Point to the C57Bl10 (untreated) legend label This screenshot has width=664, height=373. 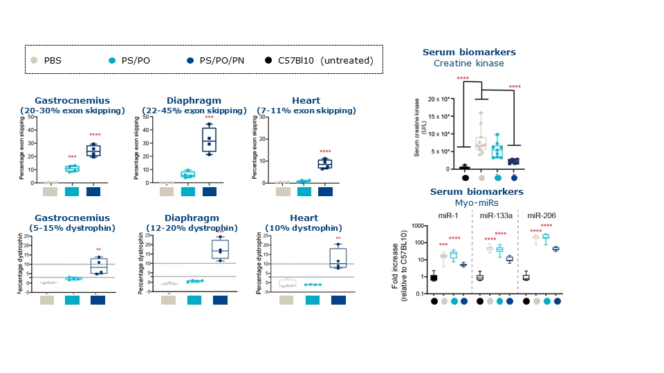tap(325, 60)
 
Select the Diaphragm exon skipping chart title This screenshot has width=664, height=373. tap(194, 100)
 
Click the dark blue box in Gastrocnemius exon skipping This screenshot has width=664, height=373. tap(93, 150)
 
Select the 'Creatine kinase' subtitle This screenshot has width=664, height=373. tap(469, 64)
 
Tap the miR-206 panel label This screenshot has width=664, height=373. tap(540, 216)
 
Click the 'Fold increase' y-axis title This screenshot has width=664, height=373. tap(396, 260)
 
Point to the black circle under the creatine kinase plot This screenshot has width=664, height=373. tap(465, 178)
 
